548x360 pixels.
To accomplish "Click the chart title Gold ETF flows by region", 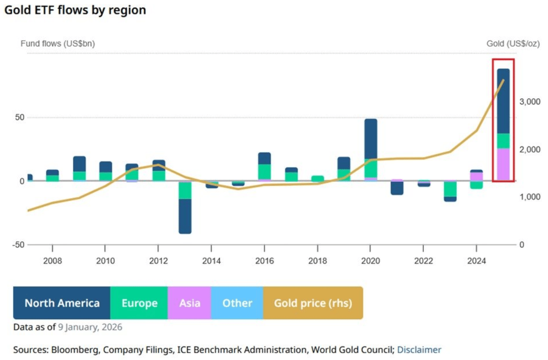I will [x=75, y=10].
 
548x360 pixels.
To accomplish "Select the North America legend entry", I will [x=62, y=303].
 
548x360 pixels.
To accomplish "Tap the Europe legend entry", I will [x=139, y=303].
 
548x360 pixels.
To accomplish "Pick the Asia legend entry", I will [x=189, y=303].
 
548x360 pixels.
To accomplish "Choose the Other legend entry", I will [x=237, y=303].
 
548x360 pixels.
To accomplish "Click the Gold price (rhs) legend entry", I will [x=313, y=303].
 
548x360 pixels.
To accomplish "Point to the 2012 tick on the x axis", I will [x=158, y=260].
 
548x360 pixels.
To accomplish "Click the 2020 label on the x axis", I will [x=370, y=260].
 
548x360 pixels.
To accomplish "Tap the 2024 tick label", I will [x=476, y=260].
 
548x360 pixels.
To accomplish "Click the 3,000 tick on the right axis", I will [x=530, y=102].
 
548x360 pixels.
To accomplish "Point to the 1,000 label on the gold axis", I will [x=530, y=197].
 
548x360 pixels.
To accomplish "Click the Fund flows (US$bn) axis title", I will [x=58, y=44].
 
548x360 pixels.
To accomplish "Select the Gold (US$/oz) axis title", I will [x=513, y=44].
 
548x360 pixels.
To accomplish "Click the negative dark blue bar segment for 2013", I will [x=185, y=216].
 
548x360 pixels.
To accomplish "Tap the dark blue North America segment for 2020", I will [x=371, y=139].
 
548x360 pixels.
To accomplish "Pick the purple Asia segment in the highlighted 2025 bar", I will [x=503, y=164].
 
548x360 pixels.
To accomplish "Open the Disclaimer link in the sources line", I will [x=419, y=350].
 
